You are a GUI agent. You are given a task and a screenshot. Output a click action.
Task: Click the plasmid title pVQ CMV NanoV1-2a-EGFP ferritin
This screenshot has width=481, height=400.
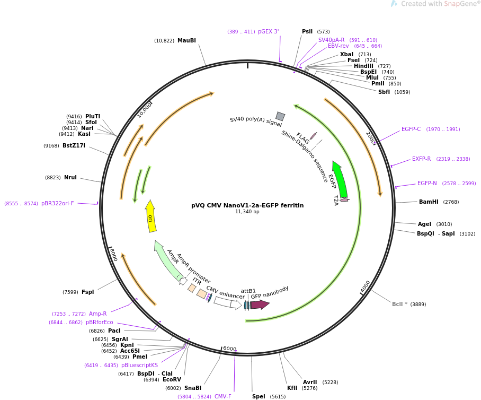tap(247, 205)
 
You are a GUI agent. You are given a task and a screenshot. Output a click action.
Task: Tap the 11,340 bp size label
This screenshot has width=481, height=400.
tap(247, 212)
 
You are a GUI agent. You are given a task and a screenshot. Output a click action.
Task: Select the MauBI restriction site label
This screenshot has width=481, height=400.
tap(186, 41)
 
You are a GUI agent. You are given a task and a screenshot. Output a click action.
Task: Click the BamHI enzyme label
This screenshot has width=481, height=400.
tap(429, 202)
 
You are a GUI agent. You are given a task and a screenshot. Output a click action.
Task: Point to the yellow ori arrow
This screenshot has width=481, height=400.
tap(151, 216)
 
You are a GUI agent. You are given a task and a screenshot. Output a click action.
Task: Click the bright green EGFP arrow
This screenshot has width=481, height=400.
tap(340, 179)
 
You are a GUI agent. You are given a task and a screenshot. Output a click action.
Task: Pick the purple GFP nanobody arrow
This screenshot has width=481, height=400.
tap(260, 305)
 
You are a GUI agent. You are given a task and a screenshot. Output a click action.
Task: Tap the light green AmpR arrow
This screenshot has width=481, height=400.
tap(167, 260)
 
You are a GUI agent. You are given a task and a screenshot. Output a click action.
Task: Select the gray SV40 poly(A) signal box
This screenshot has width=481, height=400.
tap(280, 116)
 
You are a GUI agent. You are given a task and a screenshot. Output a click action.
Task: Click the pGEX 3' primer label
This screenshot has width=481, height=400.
tap(268, 32)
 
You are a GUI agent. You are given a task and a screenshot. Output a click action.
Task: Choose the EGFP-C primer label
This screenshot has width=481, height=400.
tap(411, 129)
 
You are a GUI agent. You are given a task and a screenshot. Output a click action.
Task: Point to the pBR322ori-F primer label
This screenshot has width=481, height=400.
tap(58, 204)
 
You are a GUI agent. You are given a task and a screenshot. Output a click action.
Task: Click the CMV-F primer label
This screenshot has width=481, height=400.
tap(223, 396)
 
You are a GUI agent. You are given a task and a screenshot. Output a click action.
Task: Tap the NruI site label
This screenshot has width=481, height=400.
tap(70, 178)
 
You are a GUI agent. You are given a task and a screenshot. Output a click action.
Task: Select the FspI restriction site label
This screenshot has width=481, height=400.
tap(87, 292)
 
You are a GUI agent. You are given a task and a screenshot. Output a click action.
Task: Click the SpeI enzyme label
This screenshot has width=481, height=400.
tap(259, 396)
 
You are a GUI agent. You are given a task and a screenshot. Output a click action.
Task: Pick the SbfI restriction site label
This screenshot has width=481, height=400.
tap(384, 92)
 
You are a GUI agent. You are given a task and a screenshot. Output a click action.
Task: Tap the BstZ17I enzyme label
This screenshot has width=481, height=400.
tap(74, 145)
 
